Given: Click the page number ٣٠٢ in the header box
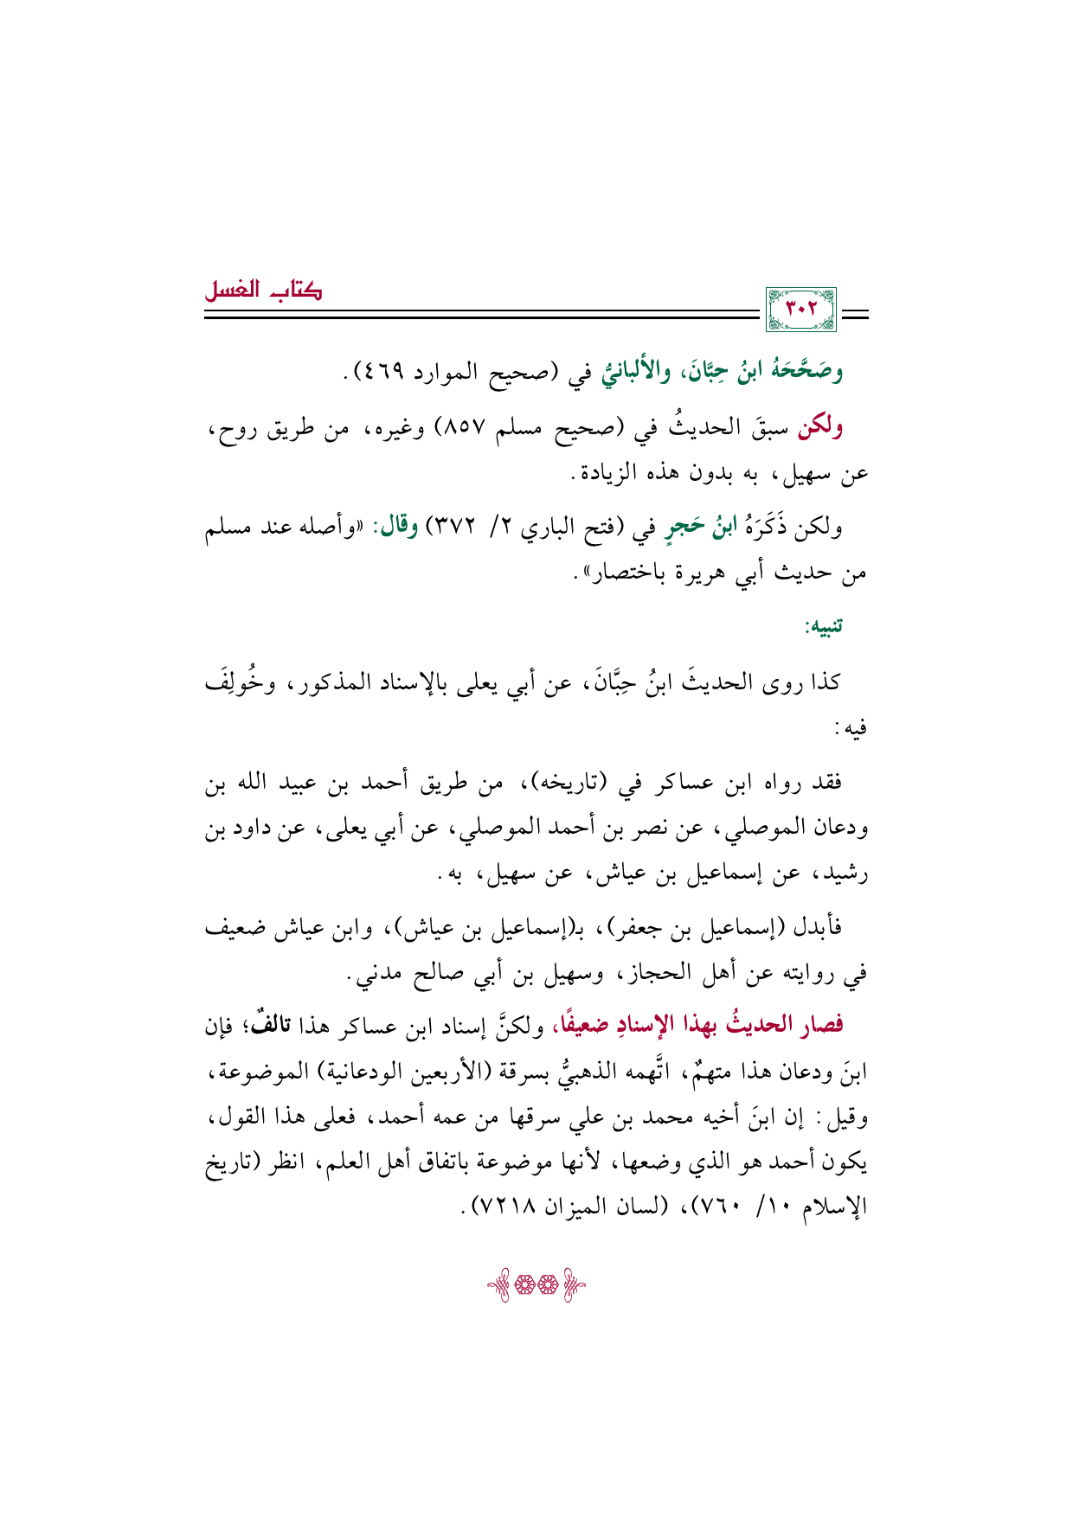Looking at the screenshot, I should point(801,309).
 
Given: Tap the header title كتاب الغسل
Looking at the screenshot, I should point(263,291).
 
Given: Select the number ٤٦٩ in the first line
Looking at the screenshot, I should point(401,373).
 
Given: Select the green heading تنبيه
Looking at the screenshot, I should point(825,625).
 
